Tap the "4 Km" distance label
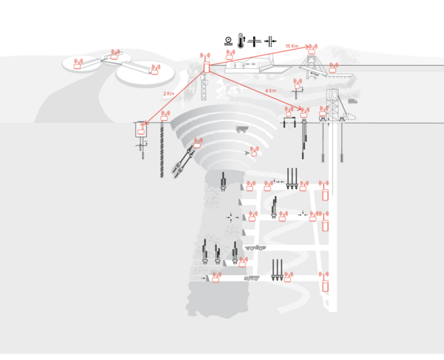(271, 91)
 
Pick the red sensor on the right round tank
(155, 69)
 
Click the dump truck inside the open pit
(241, 129)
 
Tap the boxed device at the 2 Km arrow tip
(138, 130)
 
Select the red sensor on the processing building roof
(230, 54)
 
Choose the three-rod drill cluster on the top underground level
(294, 180)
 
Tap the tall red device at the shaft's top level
(325, 195)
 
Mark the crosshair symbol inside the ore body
(231, 217)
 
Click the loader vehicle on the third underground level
(257, 247)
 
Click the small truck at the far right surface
(352, 100)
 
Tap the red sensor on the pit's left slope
(198, 143)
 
